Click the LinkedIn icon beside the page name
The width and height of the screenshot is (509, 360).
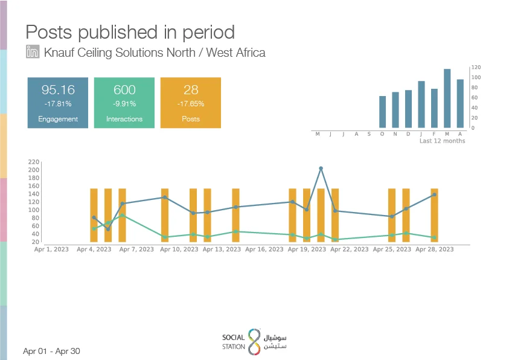33,51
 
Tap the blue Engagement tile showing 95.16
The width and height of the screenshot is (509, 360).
58,103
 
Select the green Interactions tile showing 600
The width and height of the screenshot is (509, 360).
124,103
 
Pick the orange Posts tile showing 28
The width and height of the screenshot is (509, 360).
191,103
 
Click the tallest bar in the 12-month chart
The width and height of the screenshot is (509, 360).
447,98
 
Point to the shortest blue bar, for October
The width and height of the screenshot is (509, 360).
382,112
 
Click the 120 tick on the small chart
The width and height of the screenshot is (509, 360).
476,67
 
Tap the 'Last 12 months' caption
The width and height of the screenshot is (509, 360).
442,141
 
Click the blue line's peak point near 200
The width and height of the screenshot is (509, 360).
321,169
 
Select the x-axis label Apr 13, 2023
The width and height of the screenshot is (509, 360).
222,249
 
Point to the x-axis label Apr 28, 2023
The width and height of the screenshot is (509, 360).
434,249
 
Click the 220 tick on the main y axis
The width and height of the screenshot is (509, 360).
34,162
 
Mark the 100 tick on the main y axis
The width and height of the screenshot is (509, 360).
34,210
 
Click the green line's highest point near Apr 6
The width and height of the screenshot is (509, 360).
122,215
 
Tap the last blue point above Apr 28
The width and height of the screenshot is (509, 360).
434,194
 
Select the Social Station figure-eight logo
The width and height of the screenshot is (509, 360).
255,341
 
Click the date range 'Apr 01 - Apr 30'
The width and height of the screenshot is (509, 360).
51,351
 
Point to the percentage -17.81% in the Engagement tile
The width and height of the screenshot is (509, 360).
58,104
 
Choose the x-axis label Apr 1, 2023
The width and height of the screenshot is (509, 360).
51,249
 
